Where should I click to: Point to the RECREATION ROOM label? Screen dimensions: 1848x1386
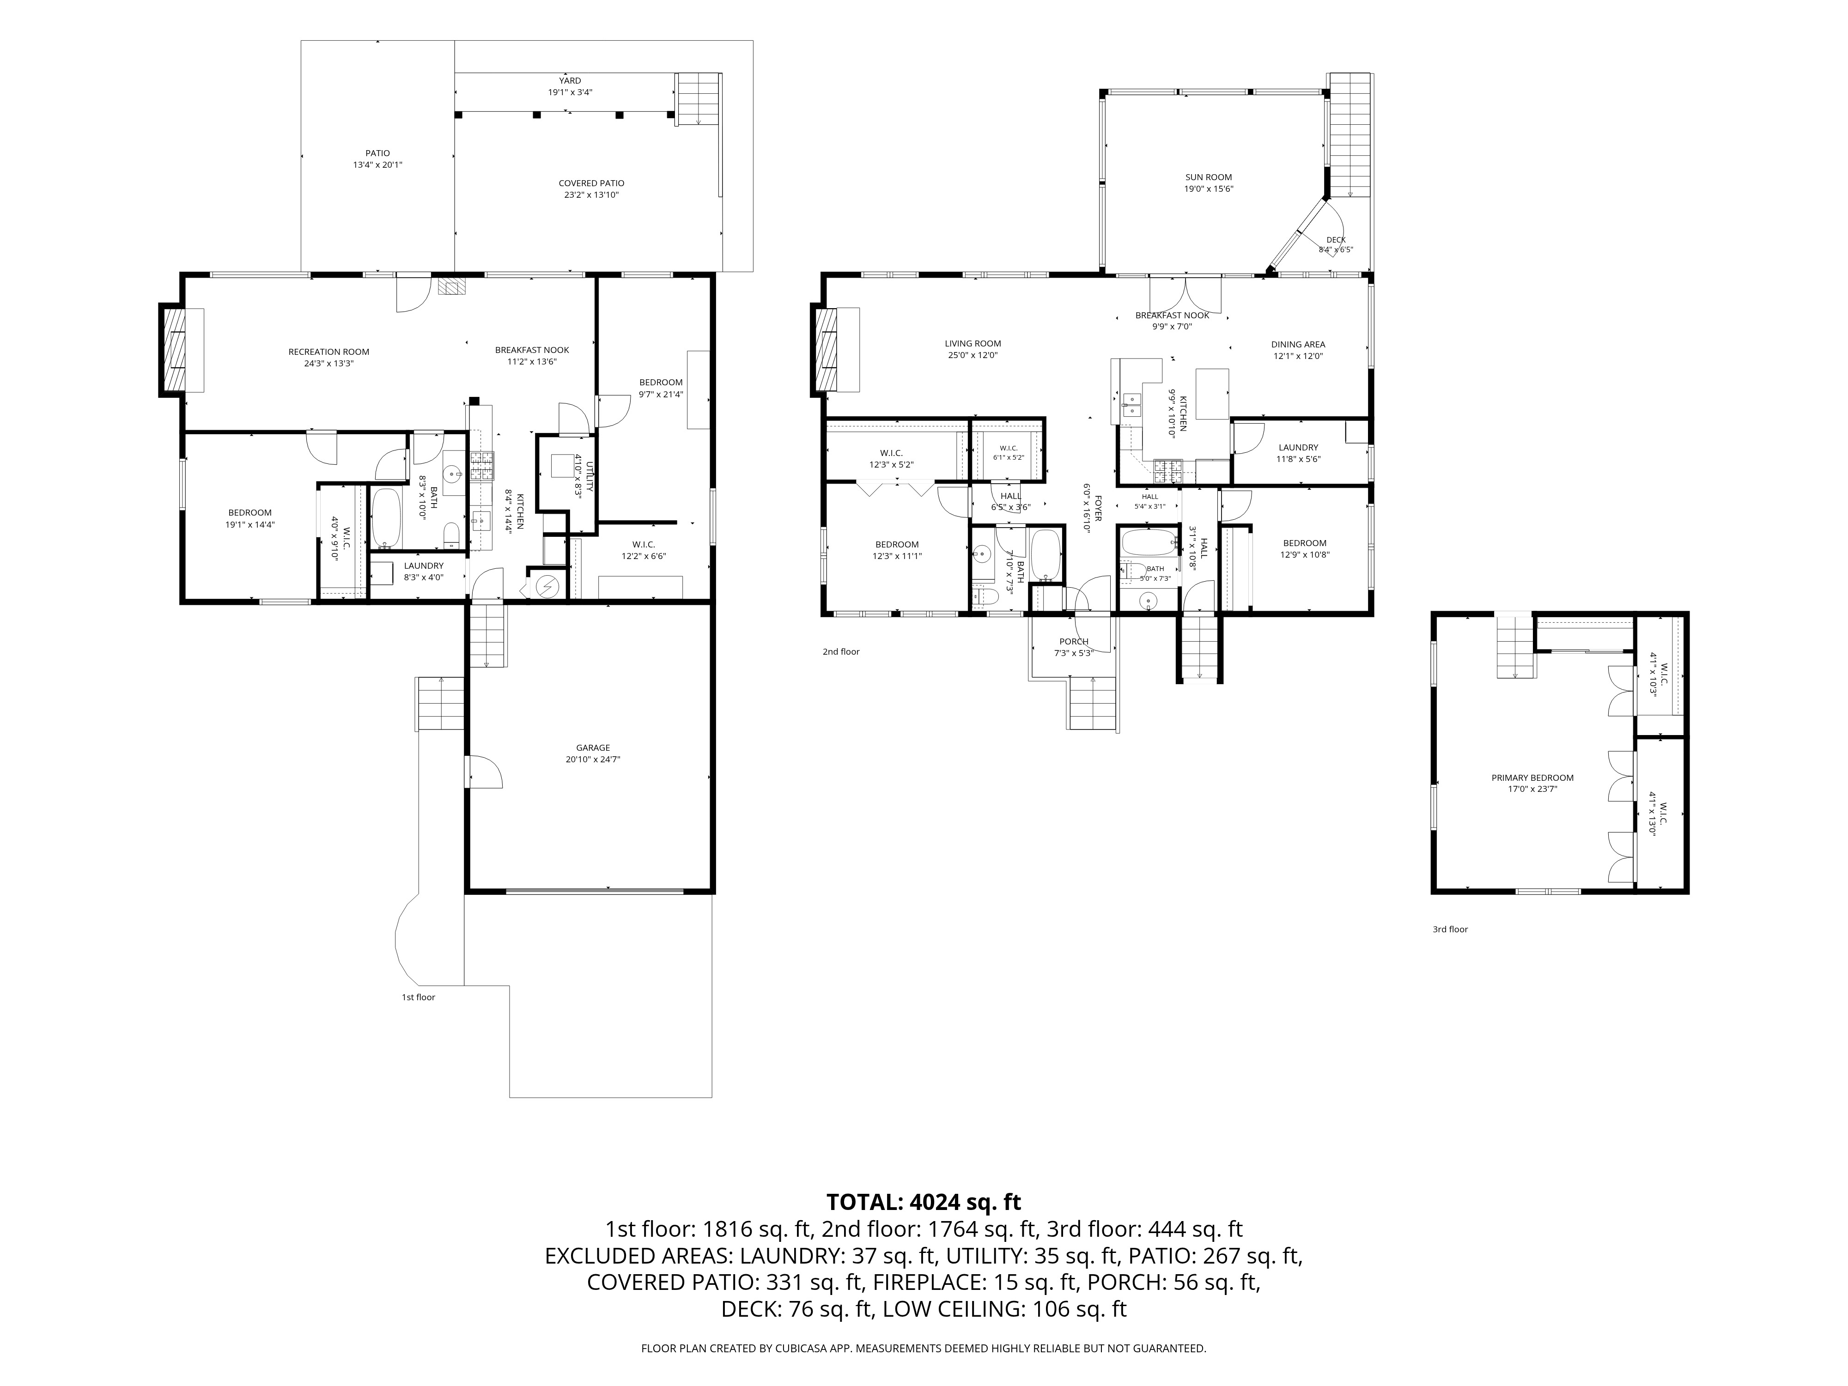pyautogui.click(x=328, y=352)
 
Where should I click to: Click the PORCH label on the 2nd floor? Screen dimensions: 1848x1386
pyautogui.click(x=1074, y=642)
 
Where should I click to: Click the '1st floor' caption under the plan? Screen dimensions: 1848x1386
pyautogui.click(x=419, y=997)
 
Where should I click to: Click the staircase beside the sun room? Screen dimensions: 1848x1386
pyautogui.click(x=1350, y=135)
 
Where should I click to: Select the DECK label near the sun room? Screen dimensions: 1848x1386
pyautogui.click(x=1336, y=240)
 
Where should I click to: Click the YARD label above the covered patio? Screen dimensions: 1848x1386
pyautogui.click(x=570, y=81)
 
